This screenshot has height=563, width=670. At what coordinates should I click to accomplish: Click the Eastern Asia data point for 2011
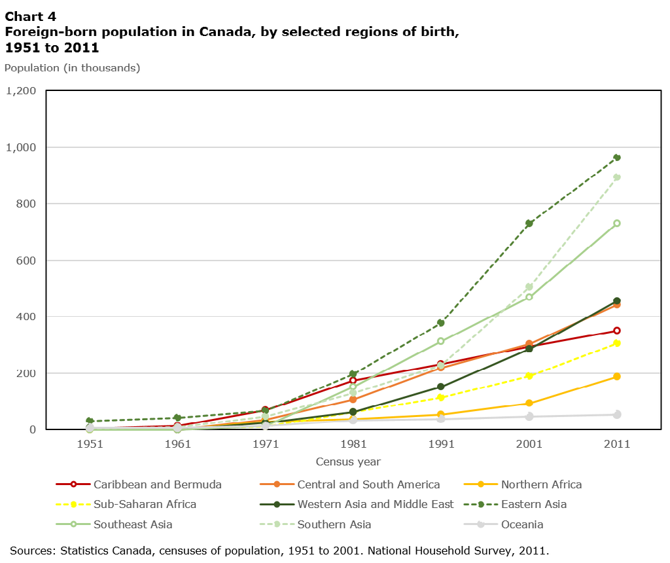click(x=616, y=158)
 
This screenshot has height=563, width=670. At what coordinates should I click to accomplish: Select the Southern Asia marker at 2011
click(x=616, y=177)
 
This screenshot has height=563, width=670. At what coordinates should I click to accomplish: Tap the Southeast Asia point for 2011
click(x=616, y=223)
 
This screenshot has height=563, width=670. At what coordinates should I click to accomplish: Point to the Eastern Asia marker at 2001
click(x=529, y=223)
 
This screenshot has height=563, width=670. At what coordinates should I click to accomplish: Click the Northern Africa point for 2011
click(x=616, y=376)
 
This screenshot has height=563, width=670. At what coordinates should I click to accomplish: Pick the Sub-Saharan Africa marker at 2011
click(x=616, y=343)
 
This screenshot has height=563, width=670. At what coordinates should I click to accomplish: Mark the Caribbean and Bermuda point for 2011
click(x=616, y=331)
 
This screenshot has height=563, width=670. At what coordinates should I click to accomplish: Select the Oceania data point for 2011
click(x=616, y=414)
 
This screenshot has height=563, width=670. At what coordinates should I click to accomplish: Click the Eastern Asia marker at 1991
click(x=441, y=323)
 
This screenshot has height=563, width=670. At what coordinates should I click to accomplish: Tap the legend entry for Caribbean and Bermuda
click(x=158, y=485)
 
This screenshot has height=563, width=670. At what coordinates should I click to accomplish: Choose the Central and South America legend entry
click(x=368, y=485)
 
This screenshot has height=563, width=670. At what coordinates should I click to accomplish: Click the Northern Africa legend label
click(x=540, y=485)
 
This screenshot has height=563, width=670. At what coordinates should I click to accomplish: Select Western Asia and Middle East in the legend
click(x=375, y=505)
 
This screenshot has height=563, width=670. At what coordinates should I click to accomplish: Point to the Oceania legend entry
click(x=521, y=524)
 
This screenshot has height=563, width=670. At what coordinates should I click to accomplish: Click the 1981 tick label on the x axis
click(x=353, y=444)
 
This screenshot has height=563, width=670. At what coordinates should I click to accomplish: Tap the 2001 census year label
click(x=529, y=444)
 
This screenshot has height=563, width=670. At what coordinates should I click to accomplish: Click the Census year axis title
click(x=347, y=462)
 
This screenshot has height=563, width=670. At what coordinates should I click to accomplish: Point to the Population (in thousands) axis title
click(x=72, y=67)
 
